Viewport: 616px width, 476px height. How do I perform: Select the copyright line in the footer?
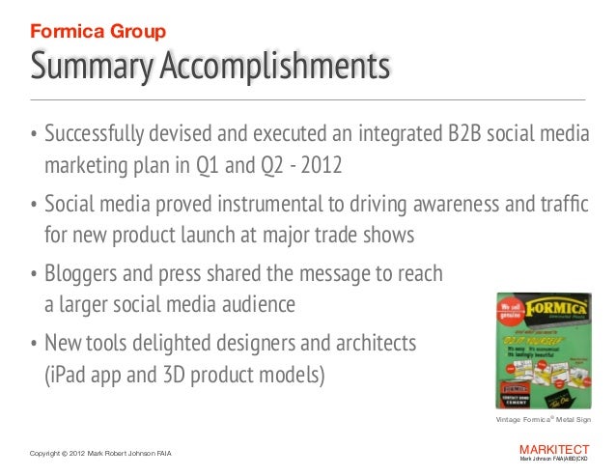[104, 454]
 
